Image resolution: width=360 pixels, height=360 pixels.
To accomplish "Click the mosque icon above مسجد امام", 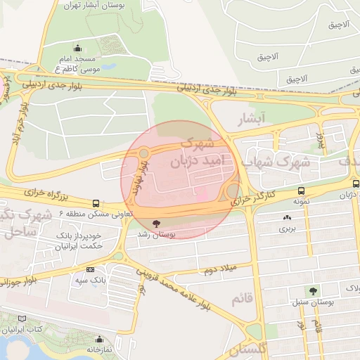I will (77, 49).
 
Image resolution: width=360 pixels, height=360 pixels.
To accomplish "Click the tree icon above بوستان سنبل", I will (312, 290).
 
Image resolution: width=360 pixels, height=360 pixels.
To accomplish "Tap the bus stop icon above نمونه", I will (301, 191).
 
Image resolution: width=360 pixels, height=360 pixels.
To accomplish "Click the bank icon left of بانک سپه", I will (90, 269).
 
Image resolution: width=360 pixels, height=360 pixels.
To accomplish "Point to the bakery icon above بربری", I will (287, 217).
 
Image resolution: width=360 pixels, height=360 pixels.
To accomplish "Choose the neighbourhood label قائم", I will (240, 299).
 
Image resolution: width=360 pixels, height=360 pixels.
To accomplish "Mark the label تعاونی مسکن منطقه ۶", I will (92, 212).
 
